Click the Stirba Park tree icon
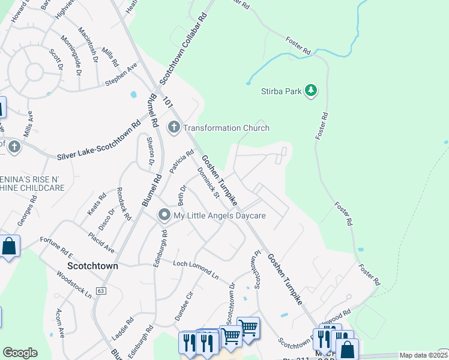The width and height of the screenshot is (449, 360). tap(311, 91)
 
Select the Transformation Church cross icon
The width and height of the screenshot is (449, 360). tap(174, 127)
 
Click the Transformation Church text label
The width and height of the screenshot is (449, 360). tap(226, 128)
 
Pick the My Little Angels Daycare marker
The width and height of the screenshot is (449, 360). tap(164, 215)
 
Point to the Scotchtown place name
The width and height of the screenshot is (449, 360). tap(92, 265)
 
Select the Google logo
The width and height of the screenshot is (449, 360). tap(20, 353)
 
